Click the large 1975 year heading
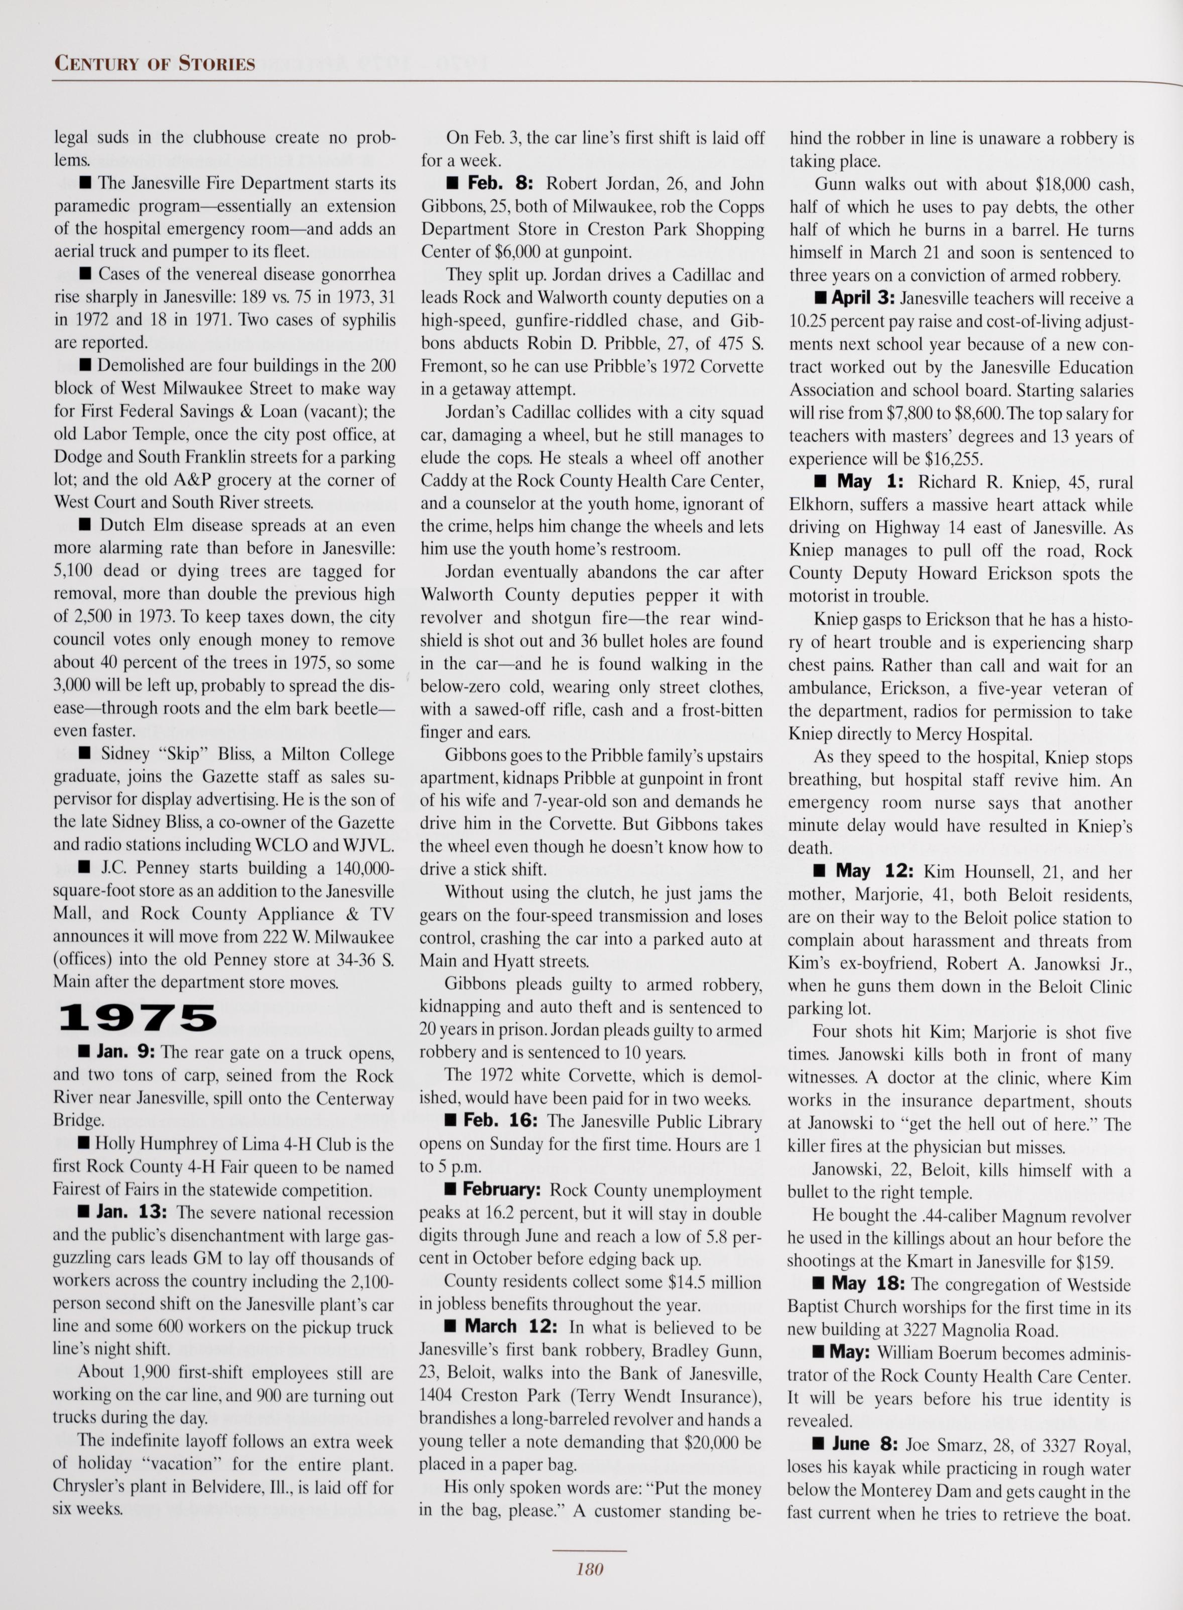pos(138,1018)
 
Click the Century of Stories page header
pos(155,64)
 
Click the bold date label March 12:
pos(510,1327)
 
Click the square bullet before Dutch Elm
pos(84,525)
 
